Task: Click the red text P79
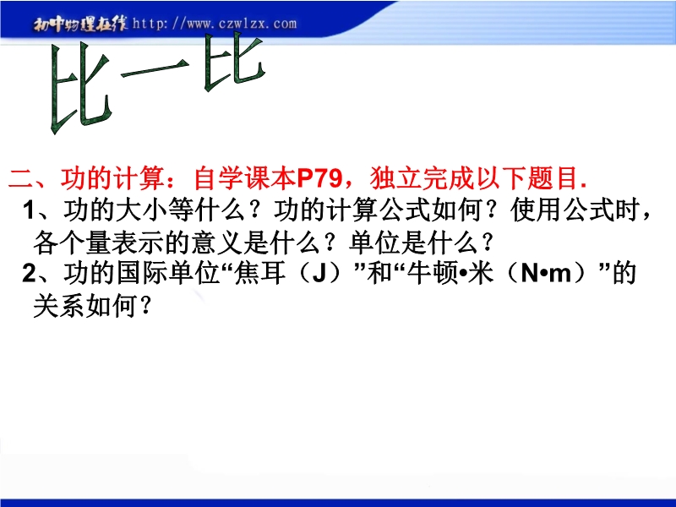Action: pos(319,177)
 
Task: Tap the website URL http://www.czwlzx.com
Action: pos(215,24)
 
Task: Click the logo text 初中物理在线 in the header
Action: pos(80,25)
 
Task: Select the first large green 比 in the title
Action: pos(80,90)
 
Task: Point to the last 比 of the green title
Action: pos(234,62)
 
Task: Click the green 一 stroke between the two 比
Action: pos(155,69)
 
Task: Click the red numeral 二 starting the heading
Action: pos(21,177)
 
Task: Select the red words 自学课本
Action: pos(244,177)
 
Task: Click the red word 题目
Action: pos(552,177)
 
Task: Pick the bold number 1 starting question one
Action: pos(29,210)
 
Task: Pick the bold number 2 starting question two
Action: pos(30,273)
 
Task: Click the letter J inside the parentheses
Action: pos(319,274)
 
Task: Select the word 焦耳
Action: pos(260,273)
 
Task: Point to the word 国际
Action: pos(142,273)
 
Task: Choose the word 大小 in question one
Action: pos(142,210)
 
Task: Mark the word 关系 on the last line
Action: pos(59,307)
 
